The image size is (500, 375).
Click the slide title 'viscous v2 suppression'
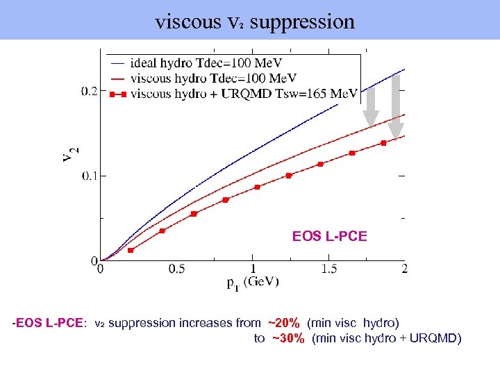click(255, 22)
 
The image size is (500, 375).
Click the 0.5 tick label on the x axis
click(176, 269)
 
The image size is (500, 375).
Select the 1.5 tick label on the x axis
click(328, 269)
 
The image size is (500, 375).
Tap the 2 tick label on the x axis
click(404, 269)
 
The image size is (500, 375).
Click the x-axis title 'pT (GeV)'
click(252, 282)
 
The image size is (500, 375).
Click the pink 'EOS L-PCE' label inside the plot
click(329, 237)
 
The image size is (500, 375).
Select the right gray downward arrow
click(395, 106)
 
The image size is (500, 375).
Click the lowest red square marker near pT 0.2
click(131, 250)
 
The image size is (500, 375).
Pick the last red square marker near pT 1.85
click(383, 143)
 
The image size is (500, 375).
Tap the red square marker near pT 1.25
click(289, 176)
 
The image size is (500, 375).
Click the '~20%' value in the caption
click(283, 323)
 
